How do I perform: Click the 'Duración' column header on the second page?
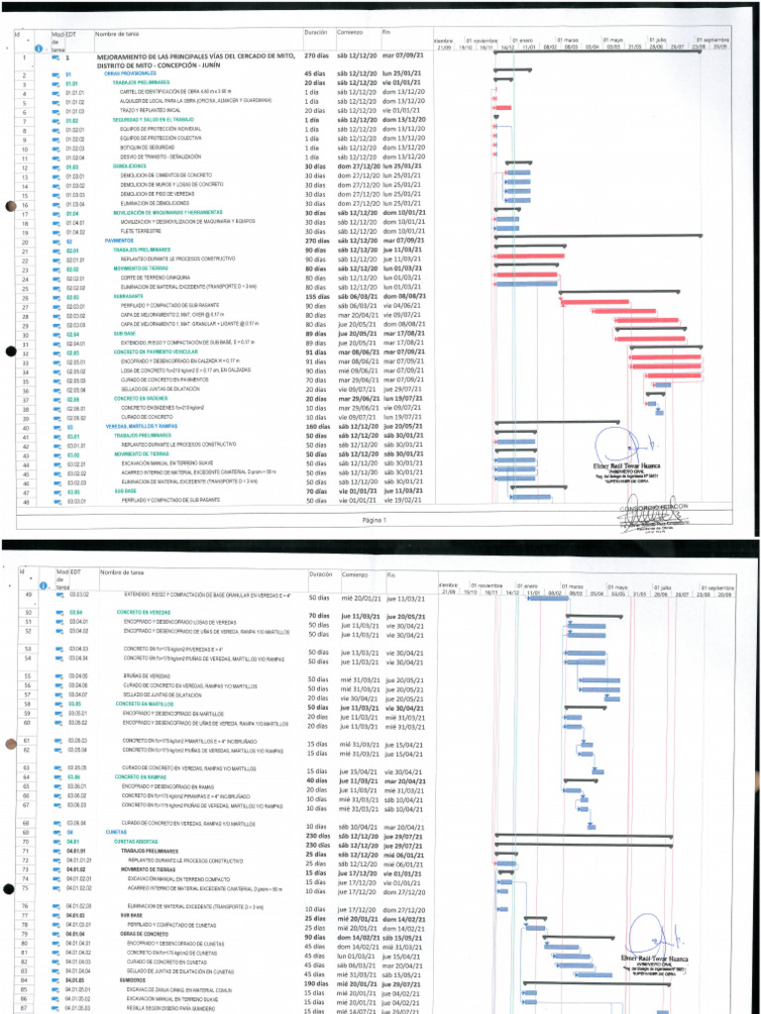(x=320, y=574)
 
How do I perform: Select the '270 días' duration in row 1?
(x=316, y=57)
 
